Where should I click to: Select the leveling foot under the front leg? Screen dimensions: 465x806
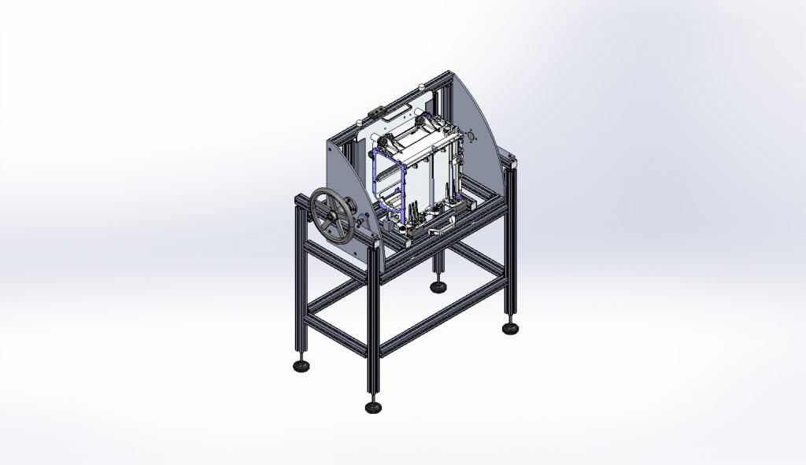373,406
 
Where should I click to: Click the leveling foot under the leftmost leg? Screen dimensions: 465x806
300,365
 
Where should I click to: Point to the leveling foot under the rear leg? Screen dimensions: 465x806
437,286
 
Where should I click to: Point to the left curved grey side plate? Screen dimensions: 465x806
346,197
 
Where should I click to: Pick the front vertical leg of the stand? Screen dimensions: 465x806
372,338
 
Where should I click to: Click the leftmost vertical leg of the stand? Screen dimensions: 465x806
300,283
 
